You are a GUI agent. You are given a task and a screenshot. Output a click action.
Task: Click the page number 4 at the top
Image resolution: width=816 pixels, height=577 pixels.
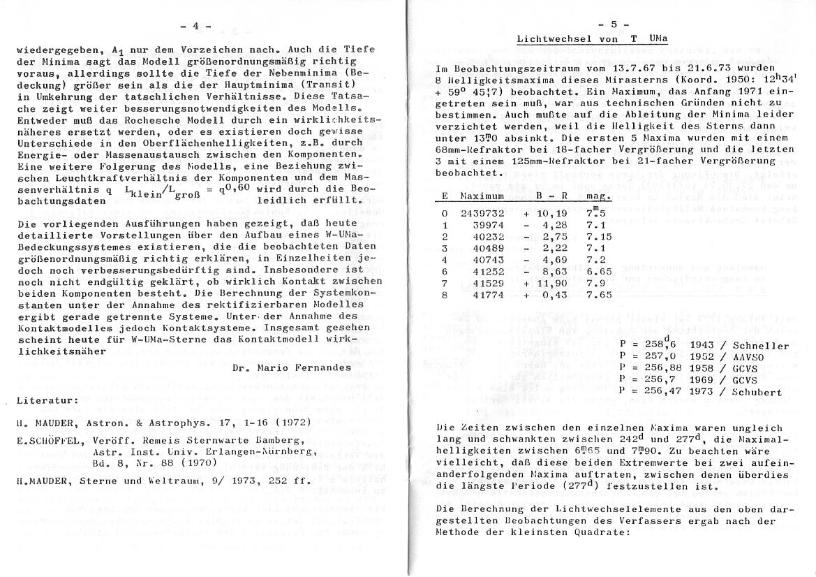195,27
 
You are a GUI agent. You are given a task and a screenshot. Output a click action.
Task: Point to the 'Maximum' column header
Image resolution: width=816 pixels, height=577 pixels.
482,197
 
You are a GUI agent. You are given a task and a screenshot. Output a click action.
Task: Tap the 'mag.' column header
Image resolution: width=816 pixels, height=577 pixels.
599,197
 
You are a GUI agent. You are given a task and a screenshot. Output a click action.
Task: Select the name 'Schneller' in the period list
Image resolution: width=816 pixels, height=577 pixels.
760,346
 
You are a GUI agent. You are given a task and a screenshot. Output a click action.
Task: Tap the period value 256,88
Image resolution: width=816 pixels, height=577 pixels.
657,369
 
